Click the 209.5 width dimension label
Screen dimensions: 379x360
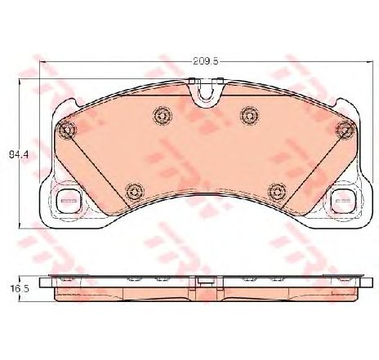[206, 61]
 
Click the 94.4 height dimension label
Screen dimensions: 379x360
[19, 155]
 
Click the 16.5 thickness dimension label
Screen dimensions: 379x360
[20, 289]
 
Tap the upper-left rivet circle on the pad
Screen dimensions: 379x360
[163, 116]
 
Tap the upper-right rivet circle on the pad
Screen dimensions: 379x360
[249, 116]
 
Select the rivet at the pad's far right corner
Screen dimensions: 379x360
[345, 129]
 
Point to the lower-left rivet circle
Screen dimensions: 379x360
[134, 191]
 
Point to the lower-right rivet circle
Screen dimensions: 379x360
[277, 191]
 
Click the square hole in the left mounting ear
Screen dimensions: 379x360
[69, 201]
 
